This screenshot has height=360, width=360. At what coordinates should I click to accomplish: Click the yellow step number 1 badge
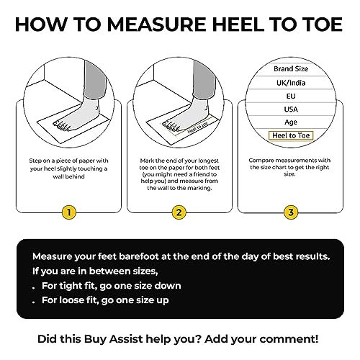click(x=68, y=212)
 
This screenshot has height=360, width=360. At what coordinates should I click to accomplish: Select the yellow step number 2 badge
click(x=179, y=212)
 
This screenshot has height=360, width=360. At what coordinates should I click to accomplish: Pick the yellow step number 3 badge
click(x=290, y=212)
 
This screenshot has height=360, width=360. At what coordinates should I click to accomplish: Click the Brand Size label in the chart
click(x=291, y=68)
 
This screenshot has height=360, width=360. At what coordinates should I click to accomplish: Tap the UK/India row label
click(x=291, y=85)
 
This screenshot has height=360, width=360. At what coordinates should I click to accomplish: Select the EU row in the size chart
click(x=291, y=102)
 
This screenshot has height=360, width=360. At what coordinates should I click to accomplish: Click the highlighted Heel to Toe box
click(x=291, y=135)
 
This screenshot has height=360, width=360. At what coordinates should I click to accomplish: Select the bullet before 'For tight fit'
click(x=35, y=286)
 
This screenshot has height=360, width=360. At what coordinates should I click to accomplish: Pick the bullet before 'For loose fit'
click(x=35, y=300)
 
